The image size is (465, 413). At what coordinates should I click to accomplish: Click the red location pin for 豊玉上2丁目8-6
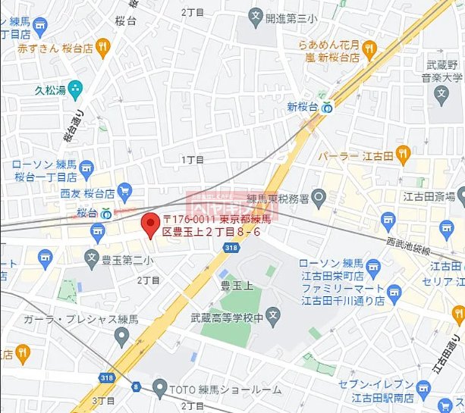pos(149,224)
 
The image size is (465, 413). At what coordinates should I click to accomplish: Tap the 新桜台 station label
pos(301,108)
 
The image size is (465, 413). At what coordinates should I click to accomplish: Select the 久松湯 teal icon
pos(74,89)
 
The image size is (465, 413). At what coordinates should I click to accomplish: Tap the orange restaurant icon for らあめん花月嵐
pos(369,48)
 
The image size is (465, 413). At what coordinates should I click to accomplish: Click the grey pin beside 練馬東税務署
pos(319,200)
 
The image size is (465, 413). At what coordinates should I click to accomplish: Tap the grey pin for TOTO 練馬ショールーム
pos(159,390)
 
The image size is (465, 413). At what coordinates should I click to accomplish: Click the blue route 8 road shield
pos(136,386)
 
